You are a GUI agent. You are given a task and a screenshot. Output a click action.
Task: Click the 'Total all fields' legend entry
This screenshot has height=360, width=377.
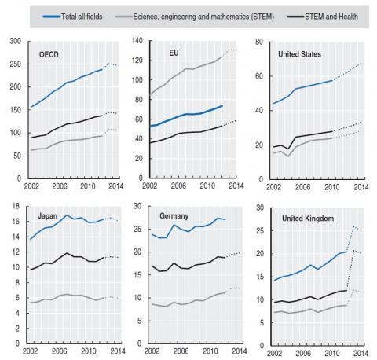(73, 17)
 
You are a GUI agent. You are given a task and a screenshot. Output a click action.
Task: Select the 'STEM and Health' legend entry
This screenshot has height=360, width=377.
(323, 17)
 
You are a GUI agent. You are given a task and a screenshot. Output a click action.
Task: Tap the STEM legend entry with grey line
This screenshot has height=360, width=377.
(195, 17)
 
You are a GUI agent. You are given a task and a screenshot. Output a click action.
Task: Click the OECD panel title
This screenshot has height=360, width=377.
(49, 54)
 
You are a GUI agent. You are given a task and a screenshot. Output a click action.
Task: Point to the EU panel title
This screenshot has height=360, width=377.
(174, 53)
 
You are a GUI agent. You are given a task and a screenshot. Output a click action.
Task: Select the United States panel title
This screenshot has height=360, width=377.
(299, 54)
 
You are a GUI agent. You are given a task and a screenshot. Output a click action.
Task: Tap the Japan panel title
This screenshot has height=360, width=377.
(47, 216)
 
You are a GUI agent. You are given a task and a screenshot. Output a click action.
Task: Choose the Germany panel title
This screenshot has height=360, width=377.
(174, 216)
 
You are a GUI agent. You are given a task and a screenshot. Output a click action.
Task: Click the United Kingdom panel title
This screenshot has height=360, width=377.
(308, 219)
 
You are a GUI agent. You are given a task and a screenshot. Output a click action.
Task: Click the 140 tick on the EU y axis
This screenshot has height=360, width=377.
(137, 41)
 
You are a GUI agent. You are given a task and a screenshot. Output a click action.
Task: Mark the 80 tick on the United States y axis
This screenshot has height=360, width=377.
(259, 42)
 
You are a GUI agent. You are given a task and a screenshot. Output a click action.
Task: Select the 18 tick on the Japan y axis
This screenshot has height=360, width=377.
(16, 206)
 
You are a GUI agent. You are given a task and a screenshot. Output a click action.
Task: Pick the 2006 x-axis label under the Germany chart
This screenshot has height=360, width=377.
(181, 351)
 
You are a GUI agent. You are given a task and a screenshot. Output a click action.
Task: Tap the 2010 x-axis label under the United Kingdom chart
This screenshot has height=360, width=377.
(332, 353)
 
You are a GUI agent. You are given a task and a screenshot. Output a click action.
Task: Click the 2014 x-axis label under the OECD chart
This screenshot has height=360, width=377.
(115, 186)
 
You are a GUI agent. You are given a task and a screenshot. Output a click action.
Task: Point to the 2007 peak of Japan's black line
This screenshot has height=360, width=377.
(67, 253)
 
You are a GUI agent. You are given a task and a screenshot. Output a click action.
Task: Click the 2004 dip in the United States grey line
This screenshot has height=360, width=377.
(288, 156)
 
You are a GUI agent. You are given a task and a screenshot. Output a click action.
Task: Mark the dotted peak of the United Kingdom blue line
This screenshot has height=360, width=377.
(353, 226)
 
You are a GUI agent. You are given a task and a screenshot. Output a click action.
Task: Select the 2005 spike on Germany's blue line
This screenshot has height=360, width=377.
(174, 225)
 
